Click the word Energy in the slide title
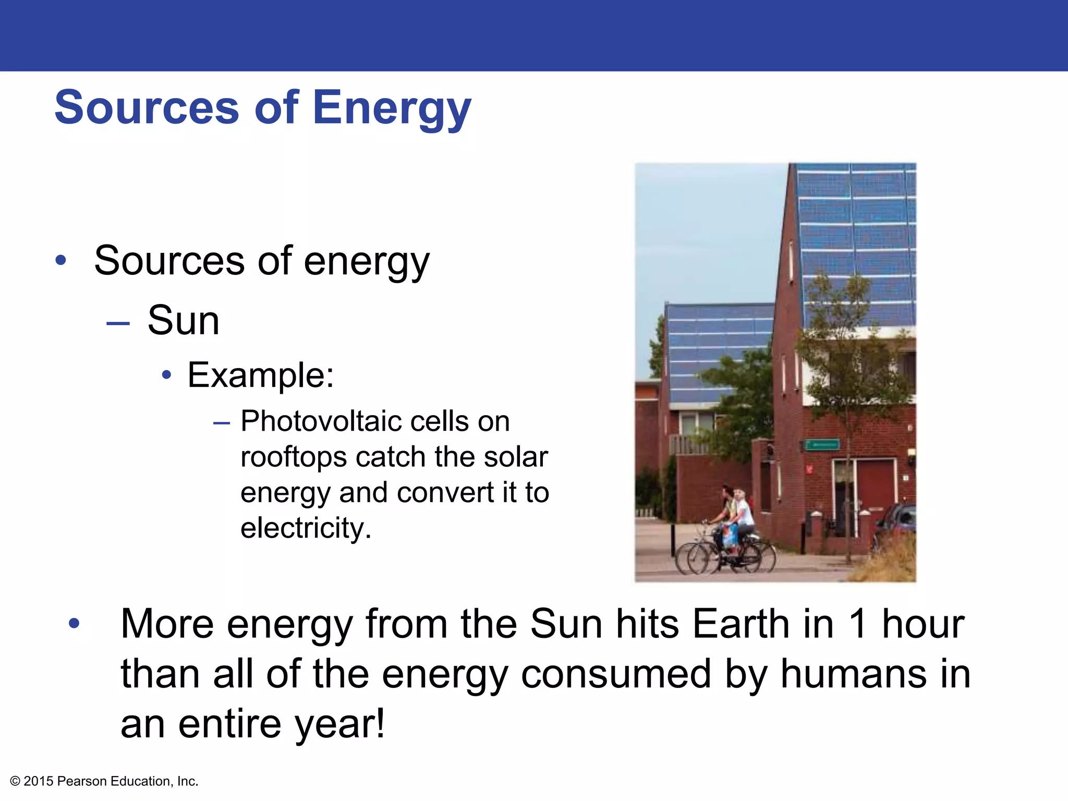(392, 107)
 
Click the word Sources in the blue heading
(147, 107)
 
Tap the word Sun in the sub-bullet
(183, 320)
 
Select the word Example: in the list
(260, 374)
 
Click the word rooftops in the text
(293, 457)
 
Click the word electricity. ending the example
(306, 528)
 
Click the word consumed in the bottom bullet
(616, 674)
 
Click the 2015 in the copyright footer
(39, 781)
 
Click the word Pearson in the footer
(82, 781)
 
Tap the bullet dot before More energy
(74, 623)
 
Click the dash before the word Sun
(118, 323)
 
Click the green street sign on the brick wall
(822, 445)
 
